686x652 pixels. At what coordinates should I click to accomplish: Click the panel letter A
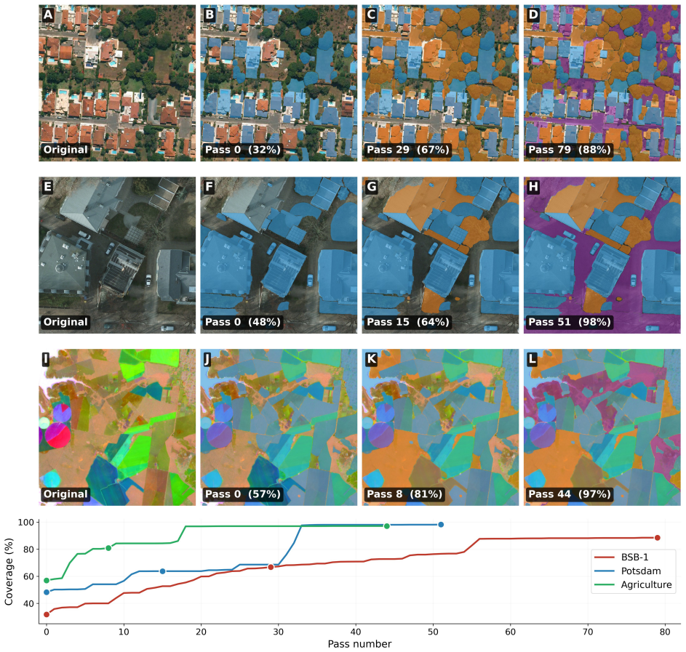coord(48,15)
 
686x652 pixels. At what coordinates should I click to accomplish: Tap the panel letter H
coord(533,187)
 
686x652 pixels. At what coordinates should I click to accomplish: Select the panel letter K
coord(371,359)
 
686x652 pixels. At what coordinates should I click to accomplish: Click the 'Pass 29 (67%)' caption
coord(408,150)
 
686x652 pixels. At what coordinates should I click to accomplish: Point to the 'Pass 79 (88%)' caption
coord(569,150)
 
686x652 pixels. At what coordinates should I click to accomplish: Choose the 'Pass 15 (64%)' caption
coord(408,321)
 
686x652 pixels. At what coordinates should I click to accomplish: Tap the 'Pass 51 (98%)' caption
coord(569,321)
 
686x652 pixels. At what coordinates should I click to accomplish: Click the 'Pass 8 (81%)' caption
coord(404,494)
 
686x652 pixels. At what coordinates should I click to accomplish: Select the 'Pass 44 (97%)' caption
coord(569,494)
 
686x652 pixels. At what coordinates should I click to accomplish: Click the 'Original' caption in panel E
coord(65,321)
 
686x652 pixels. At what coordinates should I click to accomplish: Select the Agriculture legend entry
coord(633,584)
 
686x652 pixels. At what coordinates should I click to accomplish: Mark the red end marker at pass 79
coord(657,538)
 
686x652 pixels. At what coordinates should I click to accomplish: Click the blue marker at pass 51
coord(441,524)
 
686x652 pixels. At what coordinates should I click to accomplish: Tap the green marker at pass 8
coord(108,548)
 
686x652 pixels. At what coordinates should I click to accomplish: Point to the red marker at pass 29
coord(271,567)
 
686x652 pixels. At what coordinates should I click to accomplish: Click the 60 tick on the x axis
coord(511,632)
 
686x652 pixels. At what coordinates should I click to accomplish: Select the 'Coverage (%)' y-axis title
coord(9,571)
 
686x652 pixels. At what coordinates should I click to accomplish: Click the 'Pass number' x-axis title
coord(359,644)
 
